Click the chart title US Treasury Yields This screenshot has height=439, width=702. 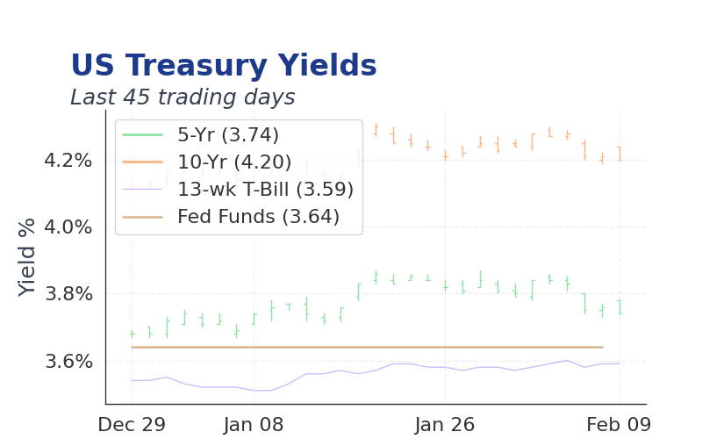(224, 65)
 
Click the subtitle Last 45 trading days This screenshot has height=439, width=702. (183, 97)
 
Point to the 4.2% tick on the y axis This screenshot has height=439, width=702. (68, 161)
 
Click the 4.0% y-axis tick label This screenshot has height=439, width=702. (68, 227)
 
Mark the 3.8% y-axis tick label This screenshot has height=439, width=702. (68, 294)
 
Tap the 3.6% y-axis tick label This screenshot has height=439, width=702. (68, 361)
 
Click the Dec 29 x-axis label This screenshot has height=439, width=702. (132, 425)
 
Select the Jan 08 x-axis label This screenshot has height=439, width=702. (254, 425)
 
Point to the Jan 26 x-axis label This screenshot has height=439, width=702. (445, 425)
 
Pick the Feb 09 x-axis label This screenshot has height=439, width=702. (619, 425)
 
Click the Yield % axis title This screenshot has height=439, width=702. (27, 257)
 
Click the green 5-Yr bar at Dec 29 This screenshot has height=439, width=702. (133, 334)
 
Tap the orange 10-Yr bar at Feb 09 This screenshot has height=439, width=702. (620, 154)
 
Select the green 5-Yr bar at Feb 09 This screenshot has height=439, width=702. (620, 307)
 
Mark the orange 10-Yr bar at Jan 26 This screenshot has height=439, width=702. (446, 155)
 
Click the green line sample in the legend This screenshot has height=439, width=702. (143, 135)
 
